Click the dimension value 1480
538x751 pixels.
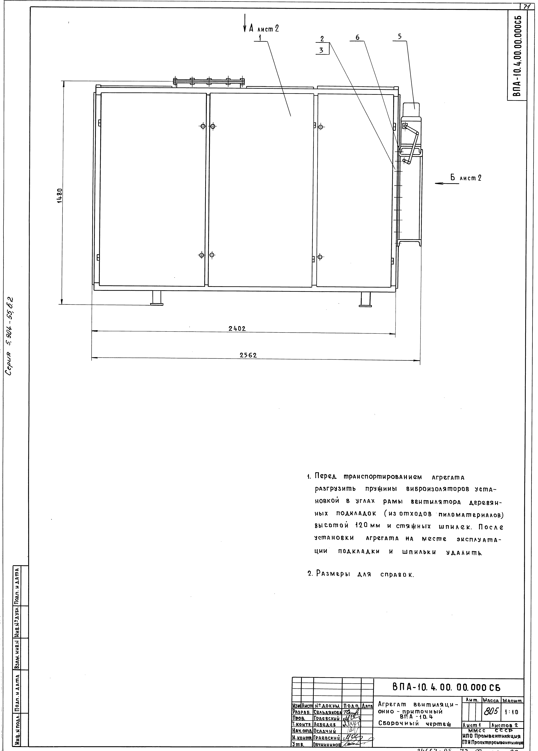(60, 196)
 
